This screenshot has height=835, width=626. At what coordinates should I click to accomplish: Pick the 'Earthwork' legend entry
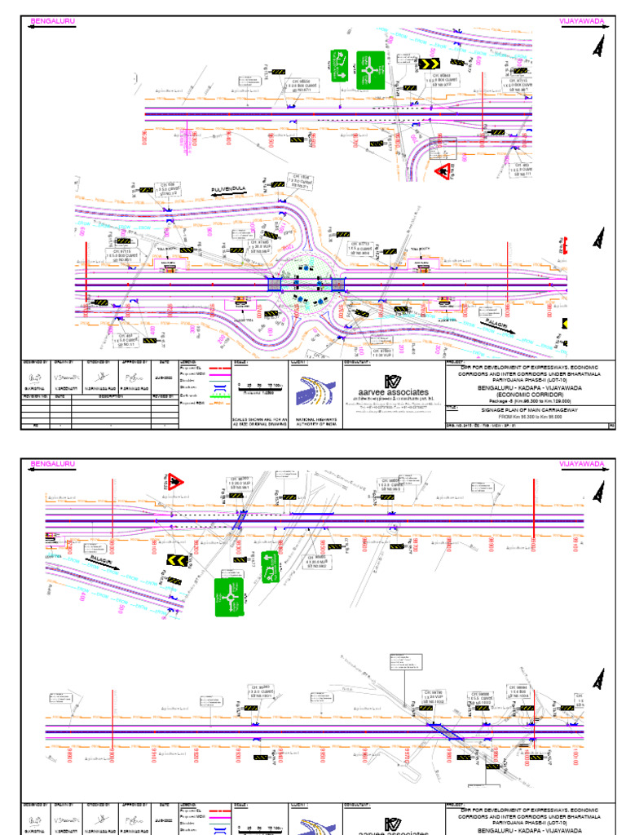[196, 395]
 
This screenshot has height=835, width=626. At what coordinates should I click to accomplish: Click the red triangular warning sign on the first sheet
[445, 171]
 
